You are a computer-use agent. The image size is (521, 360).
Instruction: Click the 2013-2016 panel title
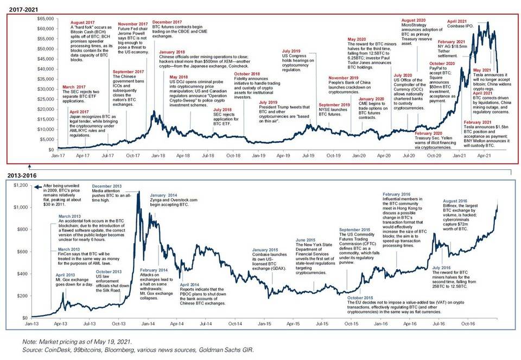click(x=20, y=176)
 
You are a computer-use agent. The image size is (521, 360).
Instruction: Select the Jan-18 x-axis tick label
click(x=158, y=155)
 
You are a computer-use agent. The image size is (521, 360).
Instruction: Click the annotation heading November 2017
click(x=132, y=24)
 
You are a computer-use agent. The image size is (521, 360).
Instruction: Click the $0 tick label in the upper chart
click(x=49, y=149)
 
